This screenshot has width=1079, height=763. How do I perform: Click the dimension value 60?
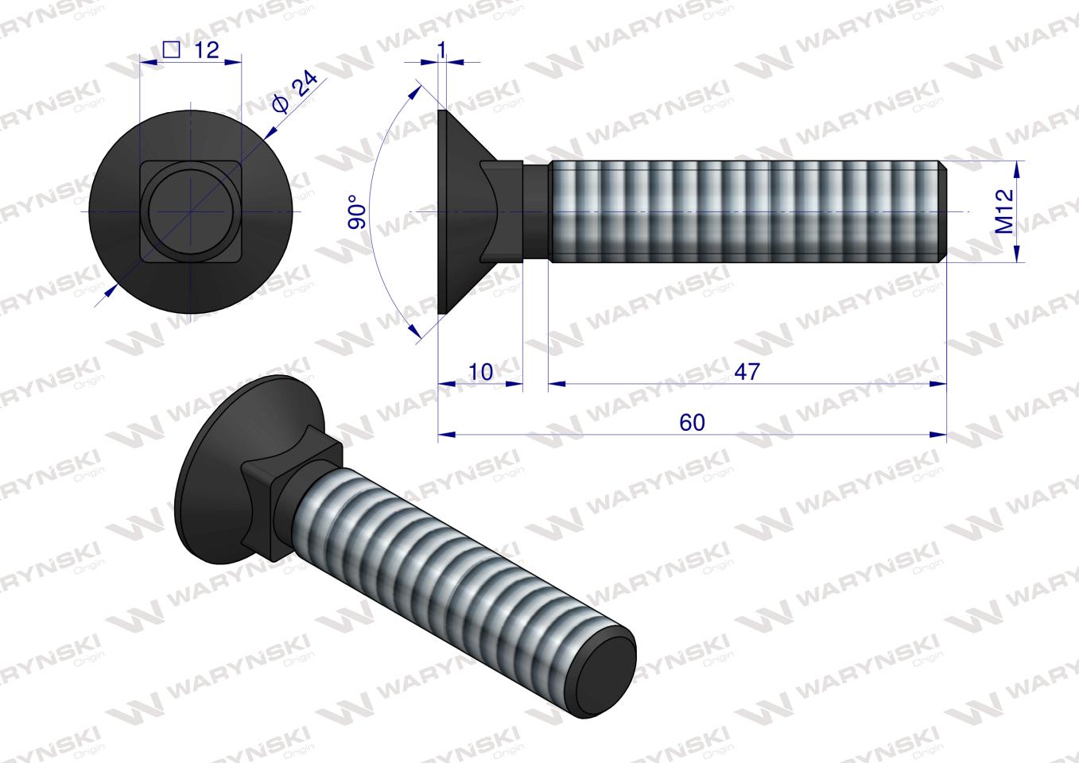(692, 423)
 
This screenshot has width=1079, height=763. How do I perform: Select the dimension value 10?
(481, 372)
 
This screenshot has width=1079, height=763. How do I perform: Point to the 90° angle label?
(359, 212)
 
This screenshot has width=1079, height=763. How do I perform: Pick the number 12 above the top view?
(205, 50)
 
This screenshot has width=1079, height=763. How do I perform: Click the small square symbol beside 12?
(170, 49)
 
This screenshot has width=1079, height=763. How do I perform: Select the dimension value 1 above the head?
(442, 49)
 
